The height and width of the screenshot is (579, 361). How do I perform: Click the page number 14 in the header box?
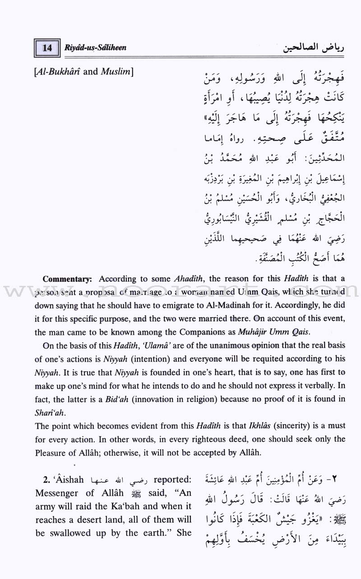(x=47, y=47)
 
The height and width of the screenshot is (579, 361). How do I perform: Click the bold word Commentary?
(x=69, y=279)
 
